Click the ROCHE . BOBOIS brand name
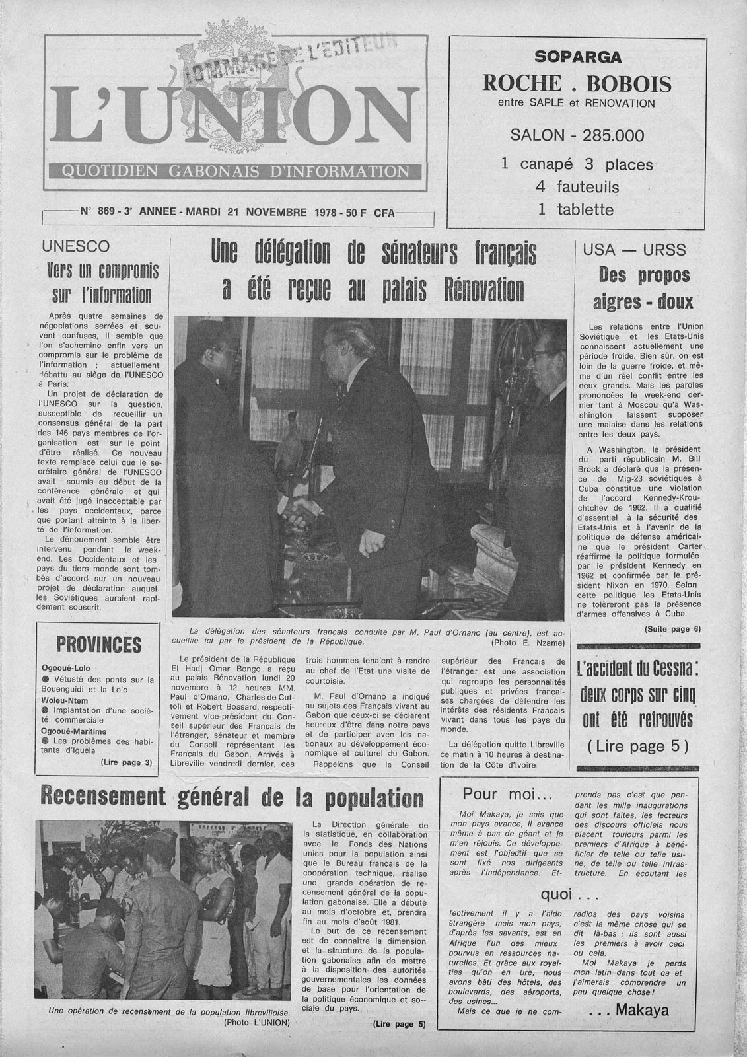[x=577, y=84]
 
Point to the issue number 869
[x=106, y=212]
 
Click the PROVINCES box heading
[x=99, y=644]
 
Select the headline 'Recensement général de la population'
[x=231, y=797]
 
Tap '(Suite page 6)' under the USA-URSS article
[x=672, y=629]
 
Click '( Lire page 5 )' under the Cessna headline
[x=637, y=747]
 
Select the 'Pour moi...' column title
[x=507, y=793]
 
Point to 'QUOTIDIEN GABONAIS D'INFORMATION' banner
[x=234, y=172]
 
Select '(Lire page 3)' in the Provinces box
[x=126, y=762]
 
